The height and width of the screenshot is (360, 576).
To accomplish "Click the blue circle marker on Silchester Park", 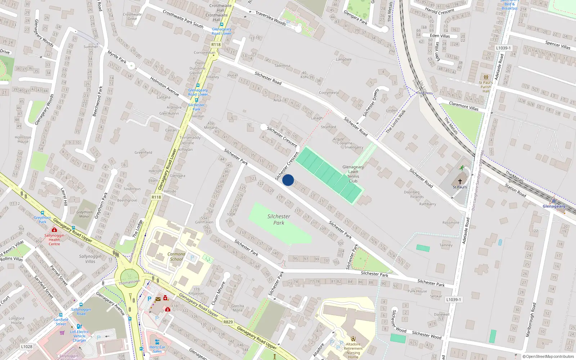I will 288,180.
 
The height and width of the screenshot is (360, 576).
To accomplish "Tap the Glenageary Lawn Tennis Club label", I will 353,174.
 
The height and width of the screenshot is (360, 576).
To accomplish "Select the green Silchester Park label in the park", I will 279,220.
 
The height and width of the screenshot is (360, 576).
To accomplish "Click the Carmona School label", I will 176,256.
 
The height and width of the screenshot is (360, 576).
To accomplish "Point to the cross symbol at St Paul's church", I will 460,181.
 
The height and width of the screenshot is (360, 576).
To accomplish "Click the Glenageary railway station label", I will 554,206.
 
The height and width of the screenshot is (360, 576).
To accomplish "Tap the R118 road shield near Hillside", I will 156,197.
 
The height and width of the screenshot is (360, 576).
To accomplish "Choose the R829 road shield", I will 228,322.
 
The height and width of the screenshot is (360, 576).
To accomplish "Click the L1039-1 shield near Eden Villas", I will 503,48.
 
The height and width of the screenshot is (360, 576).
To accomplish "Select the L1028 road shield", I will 27,347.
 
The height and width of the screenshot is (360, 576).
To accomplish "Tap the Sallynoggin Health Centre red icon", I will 54,230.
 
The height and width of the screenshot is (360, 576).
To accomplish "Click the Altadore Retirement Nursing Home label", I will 353,348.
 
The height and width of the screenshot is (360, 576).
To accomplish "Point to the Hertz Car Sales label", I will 157,349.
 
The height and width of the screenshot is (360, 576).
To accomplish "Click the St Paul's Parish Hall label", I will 486,87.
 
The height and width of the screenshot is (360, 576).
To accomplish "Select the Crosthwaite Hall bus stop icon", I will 222,24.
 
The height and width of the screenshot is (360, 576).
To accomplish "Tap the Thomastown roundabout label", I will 129,282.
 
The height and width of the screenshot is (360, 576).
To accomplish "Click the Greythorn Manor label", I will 85,214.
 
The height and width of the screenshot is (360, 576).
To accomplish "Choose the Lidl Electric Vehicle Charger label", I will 80,336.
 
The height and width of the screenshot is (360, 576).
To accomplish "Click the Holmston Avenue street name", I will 165,86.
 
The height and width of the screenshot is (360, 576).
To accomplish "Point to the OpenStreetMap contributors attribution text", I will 548,356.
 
